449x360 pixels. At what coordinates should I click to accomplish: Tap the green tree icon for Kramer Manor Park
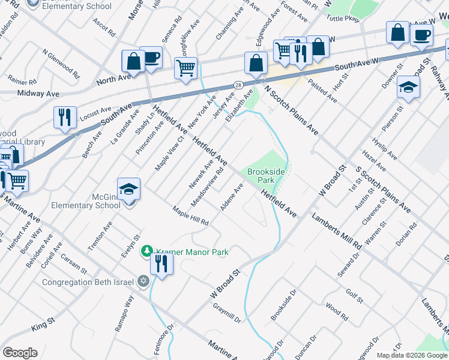click(146, 251)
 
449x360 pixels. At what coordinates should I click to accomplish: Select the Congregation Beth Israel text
click(89, 281)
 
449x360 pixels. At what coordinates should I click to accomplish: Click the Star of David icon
click(143, 281)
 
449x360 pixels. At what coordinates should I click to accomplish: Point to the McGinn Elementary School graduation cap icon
click(128, 190)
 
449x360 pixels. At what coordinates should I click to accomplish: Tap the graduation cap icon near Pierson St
click(408, 88)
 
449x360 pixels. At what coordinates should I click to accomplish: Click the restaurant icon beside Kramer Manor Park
click(161, 263)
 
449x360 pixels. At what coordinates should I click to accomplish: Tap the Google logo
click(20, 353)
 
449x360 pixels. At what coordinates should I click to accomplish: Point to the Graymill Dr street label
click(226, 313)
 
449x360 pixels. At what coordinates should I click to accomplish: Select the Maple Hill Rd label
click(190, 216)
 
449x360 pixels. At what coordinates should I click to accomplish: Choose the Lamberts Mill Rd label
click(336, 231)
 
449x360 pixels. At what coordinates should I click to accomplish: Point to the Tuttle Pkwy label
click(343, 19)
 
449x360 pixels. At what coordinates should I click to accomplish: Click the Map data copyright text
click(412, 355)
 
